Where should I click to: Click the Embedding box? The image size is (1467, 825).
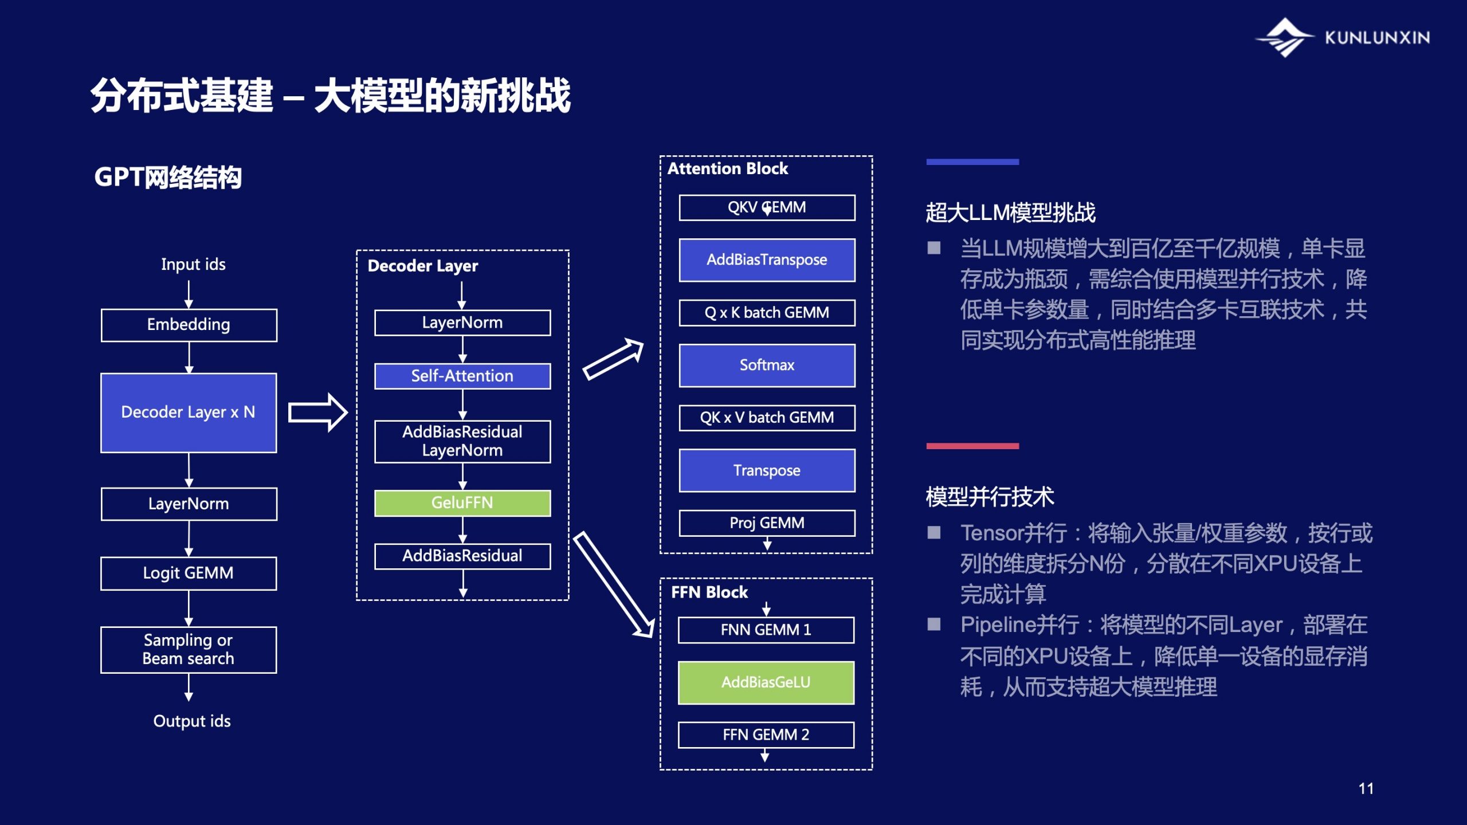point(189,325)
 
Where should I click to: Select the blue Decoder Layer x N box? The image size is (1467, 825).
point(189,412)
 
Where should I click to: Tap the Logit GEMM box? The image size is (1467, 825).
point(189,573)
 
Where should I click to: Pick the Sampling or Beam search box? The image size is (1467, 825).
point(189,650)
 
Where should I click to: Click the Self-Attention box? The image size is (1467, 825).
point(462,376)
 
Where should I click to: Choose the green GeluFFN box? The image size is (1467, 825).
point(462,503)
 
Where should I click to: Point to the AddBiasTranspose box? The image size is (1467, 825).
point(767,260)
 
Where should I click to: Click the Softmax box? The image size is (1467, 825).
point(767,366)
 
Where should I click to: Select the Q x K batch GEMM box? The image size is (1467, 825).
point(767,313)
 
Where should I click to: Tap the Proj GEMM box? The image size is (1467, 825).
point(767,523)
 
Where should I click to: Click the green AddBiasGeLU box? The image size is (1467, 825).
point(766,682)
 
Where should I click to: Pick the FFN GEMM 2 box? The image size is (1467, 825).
point(766,735)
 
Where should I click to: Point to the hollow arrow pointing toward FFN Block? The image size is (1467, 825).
point(614,584)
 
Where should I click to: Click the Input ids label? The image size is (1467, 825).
point(193,265)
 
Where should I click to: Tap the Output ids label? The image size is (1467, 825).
point(192,721)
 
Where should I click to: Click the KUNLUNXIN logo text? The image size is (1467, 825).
point(1377,38)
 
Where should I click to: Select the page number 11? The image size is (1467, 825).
point(1366,789)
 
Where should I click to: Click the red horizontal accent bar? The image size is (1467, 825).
point(972,446)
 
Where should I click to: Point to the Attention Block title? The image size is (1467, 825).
point(728,169)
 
